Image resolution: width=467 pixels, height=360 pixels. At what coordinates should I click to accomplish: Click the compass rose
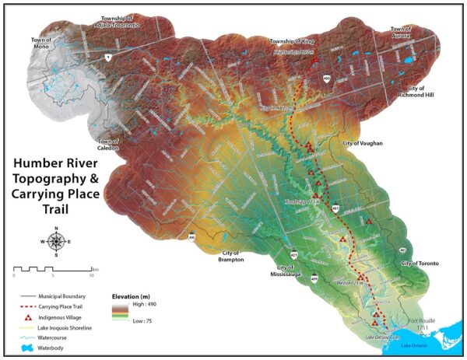coord(56,241)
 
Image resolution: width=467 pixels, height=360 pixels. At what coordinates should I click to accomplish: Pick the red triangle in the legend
coord(28,318)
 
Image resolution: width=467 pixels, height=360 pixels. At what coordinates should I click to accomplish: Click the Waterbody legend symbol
coord(28,350)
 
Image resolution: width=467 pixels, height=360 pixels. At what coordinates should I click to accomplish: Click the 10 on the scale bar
coord(91,276)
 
